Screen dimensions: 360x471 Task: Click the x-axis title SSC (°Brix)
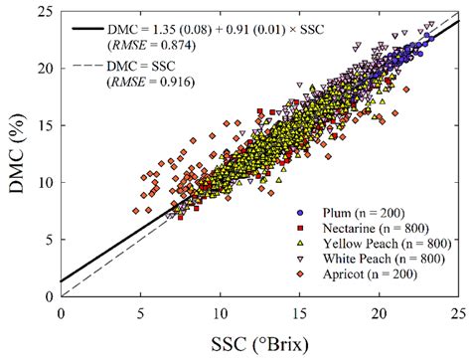click(x=259, y=342)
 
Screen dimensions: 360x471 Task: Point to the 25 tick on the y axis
click(x=46, y=10)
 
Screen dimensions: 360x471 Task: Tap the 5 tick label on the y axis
click(x=50, y=240)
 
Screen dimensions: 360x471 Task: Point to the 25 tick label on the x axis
click(x=456, y=311)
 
